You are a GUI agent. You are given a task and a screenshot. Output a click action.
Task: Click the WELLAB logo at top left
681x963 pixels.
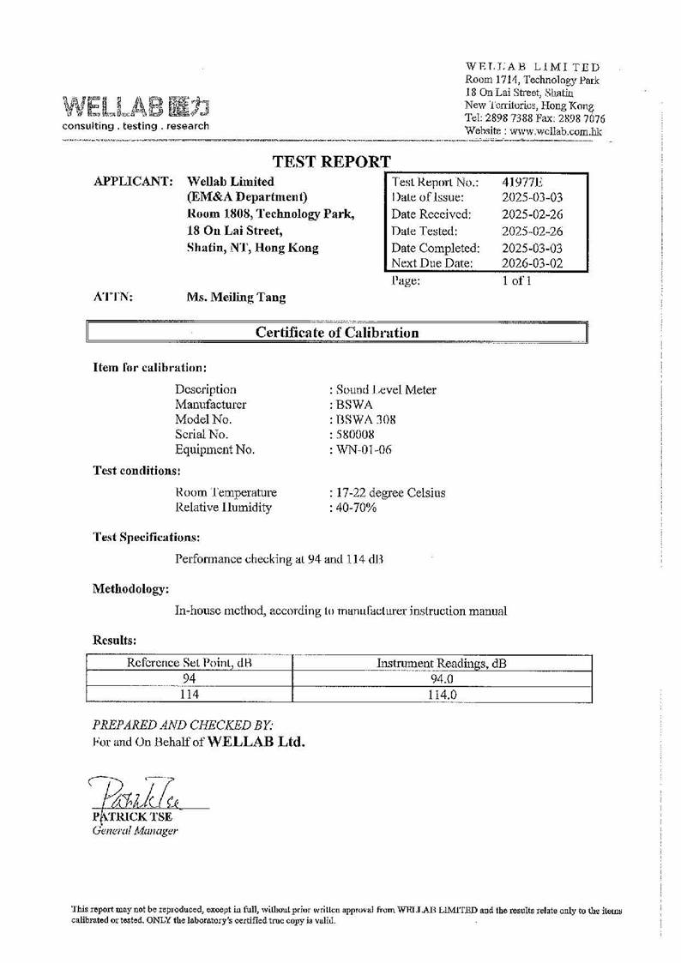(136, 106)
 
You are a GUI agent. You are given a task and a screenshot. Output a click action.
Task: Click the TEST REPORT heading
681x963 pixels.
(331, 161)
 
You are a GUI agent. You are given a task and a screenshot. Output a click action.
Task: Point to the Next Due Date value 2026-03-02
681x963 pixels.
(533, 264)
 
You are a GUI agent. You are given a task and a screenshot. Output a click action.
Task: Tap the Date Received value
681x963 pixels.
(533, 214)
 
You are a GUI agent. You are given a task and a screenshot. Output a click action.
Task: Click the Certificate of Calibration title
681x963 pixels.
(337, 333)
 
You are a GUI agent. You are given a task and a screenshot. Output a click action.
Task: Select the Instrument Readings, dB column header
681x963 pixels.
(442, 663)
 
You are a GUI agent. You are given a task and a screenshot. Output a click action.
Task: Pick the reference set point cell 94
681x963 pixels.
(190, 679)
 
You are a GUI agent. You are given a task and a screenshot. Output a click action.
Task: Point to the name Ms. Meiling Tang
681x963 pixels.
(236, 298)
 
